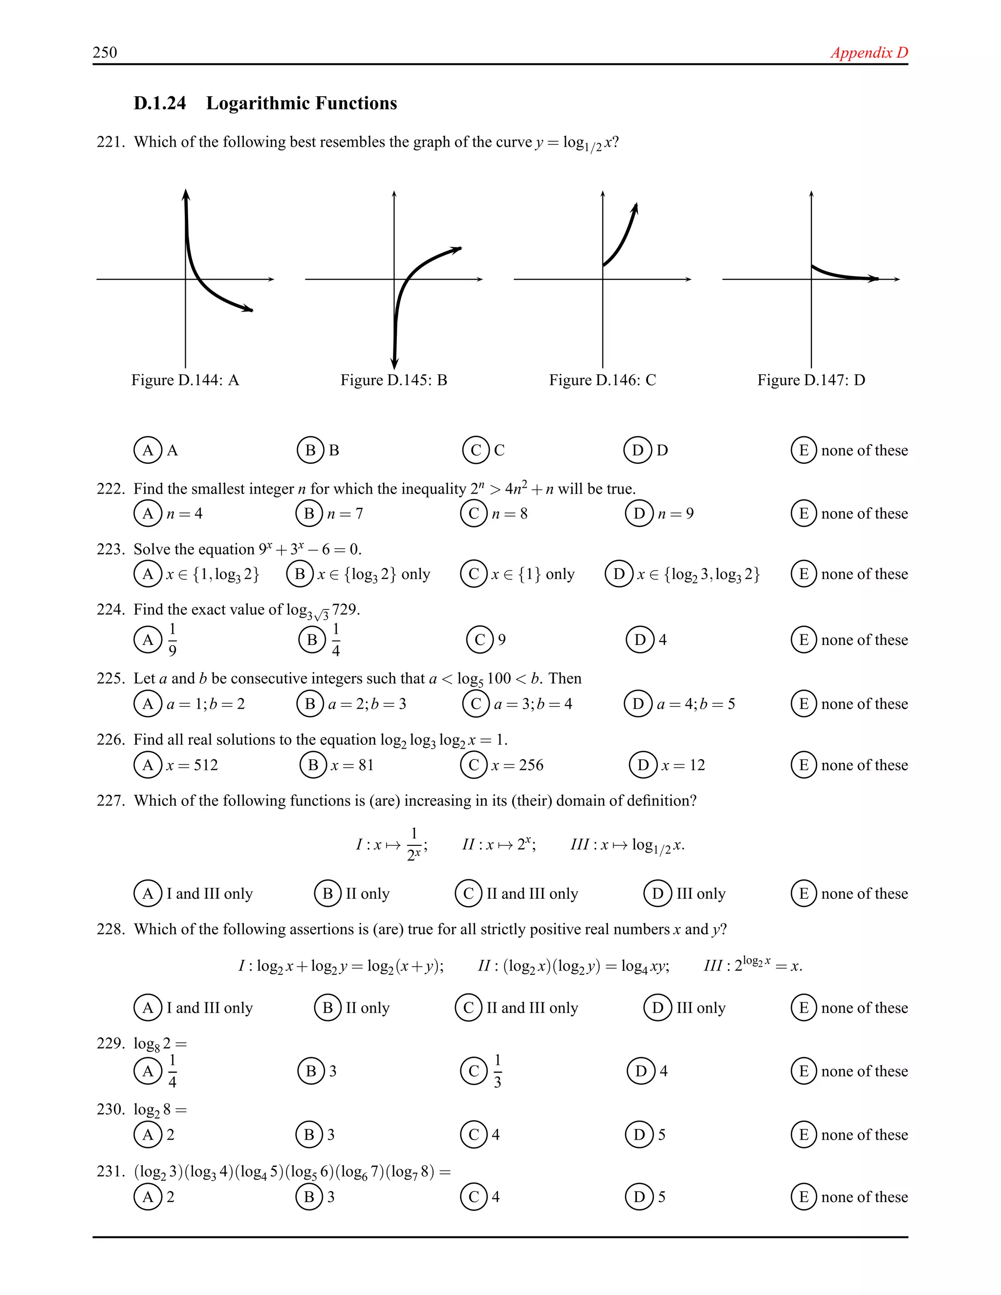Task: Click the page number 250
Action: coord(105,52)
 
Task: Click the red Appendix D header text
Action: coord(869,52)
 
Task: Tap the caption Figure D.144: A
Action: coord(185,380)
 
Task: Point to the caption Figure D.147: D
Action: coord(811,380)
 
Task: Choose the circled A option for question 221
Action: coord(148,450)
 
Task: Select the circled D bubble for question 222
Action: coord(639,514)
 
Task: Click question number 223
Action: coord(110,549)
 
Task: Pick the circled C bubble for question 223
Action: coord(474,574)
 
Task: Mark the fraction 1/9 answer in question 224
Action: coord(172,640)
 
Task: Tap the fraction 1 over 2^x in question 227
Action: coord(414,844)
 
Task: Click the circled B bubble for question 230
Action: coord(309,1134)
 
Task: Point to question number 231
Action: coord(110,1172)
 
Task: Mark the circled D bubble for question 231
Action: coord(639,1197)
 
